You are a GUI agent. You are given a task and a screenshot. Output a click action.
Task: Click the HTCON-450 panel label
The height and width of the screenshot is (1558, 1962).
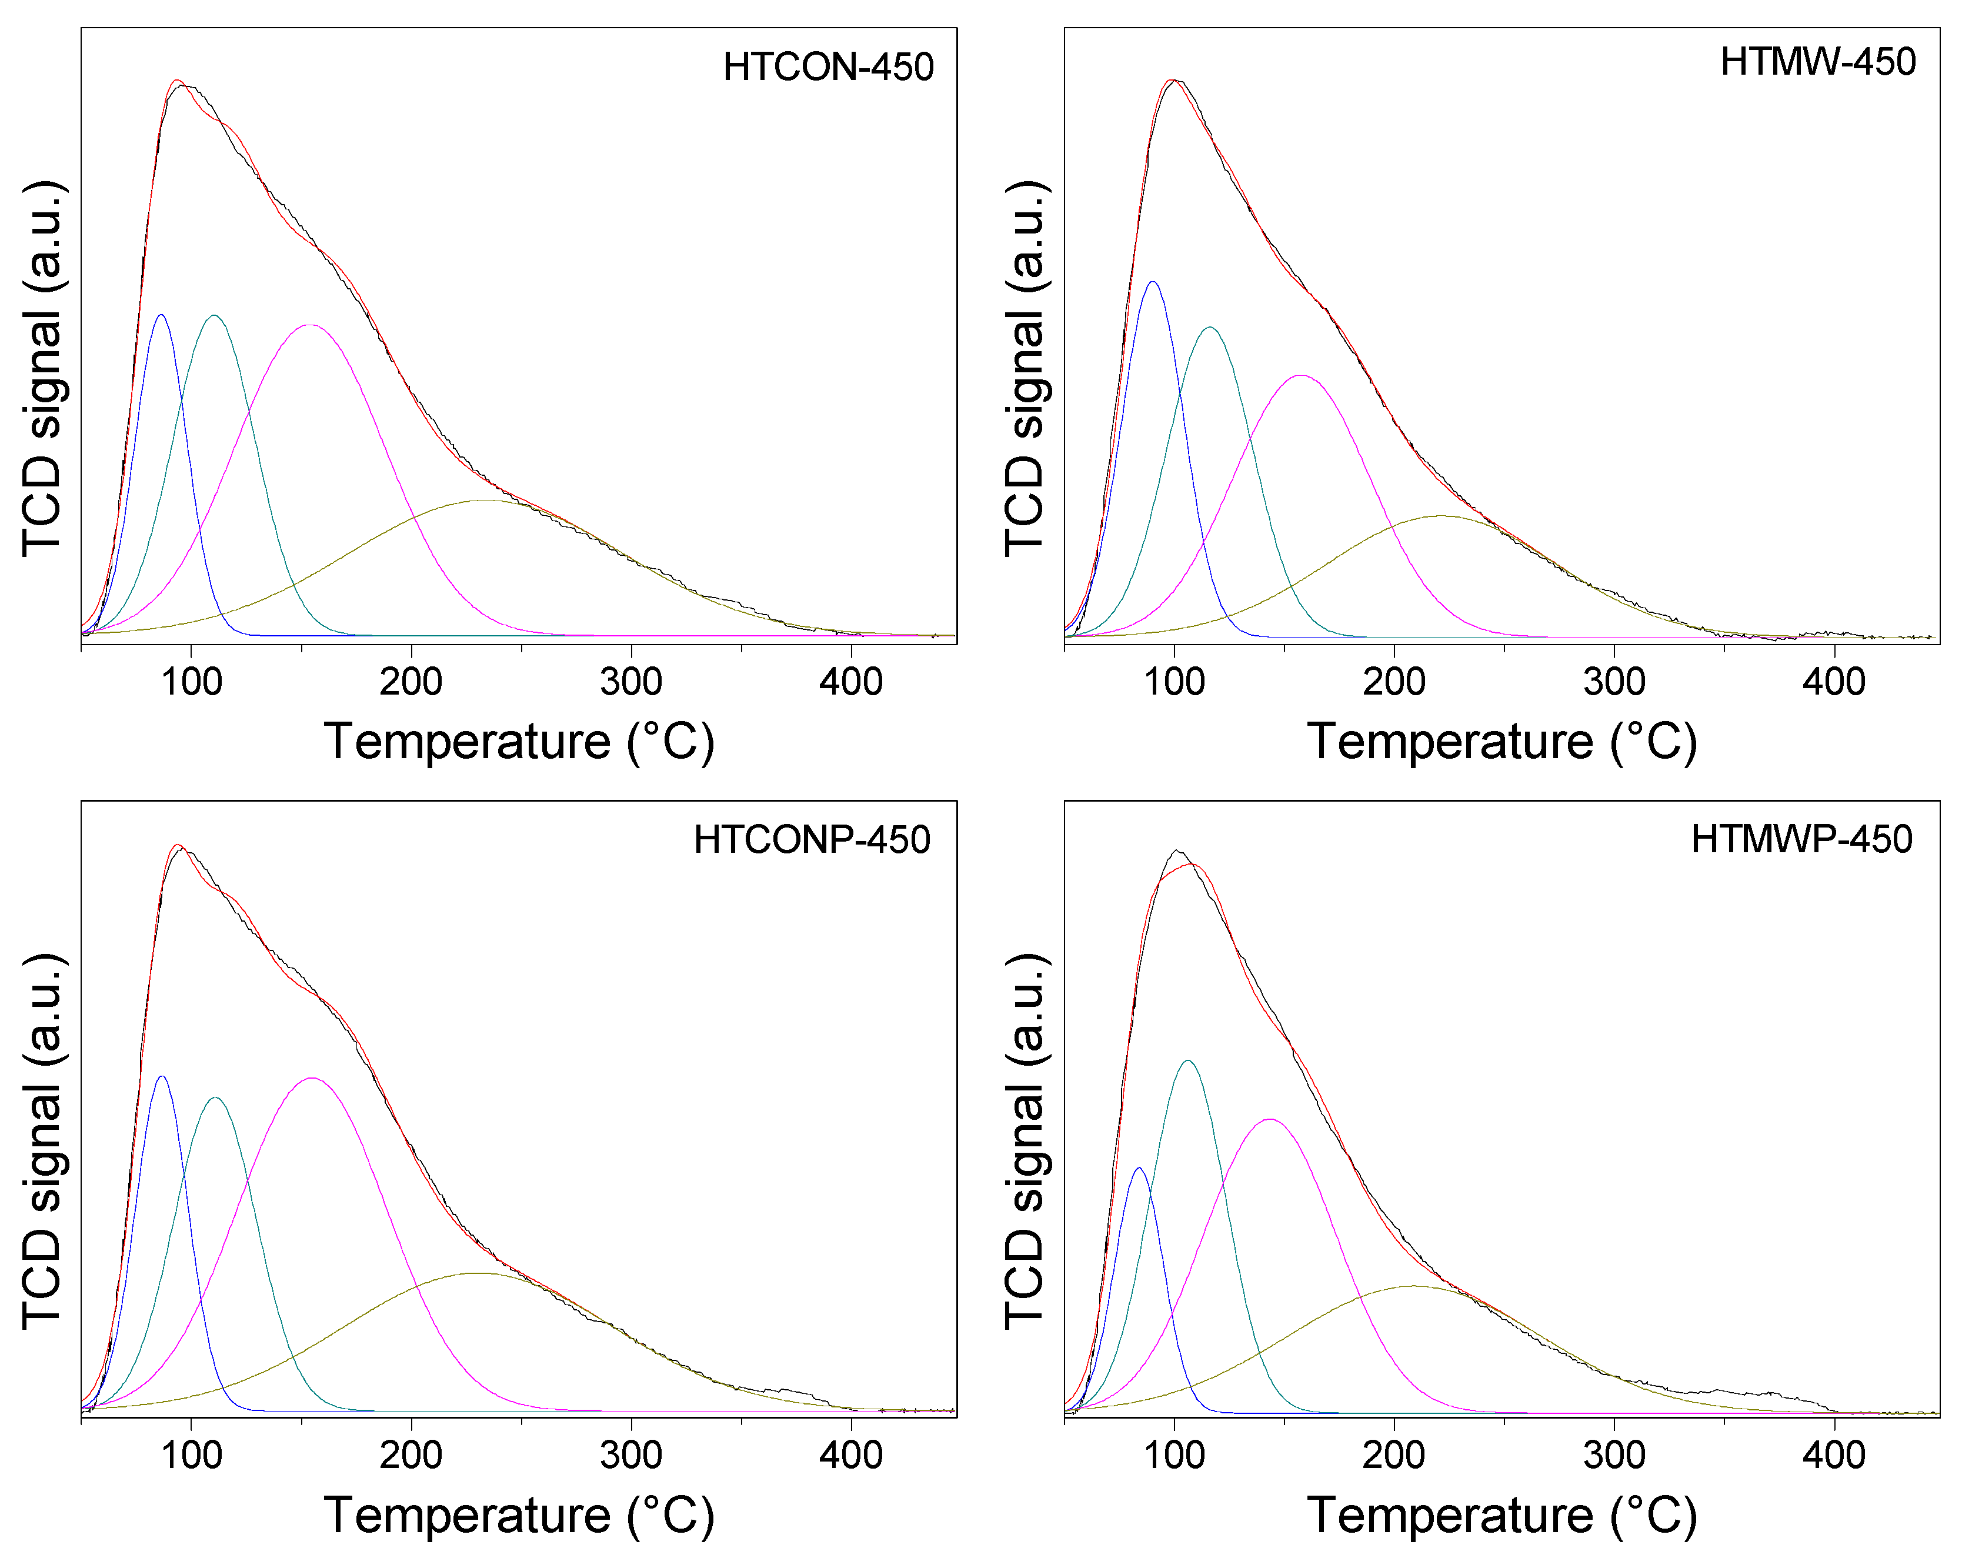tap(828, 68)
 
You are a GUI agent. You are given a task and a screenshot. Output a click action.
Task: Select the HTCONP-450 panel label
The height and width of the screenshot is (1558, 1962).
tap(812, 840)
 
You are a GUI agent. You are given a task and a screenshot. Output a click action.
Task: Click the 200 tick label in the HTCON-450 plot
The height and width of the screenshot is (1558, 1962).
tap(411, 682)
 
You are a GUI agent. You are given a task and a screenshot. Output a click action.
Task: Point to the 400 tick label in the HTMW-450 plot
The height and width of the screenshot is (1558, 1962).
tap(1834, 682)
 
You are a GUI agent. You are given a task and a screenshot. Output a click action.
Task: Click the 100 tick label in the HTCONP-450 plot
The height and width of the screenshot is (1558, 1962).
tap(191, 1455)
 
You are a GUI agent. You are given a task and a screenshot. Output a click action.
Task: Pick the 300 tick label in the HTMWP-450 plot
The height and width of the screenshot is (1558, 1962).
tap(1613, 1455)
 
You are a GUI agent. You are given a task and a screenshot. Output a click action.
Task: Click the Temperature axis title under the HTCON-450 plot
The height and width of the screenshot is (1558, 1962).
tap(519, 742)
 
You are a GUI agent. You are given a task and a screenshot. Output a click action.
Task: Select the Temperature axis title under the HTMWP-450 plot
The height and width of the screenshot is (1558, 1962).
tap(1501, 1515)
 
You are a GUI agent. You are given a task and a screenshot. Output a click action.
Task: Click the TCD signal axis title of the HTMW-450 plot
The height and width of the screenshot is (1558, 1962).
tap(1026, 369)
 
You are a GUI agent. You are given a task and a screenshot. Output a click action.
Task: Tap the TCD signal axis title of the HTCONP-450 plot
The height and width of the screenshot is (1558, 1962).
tap(43, 1142)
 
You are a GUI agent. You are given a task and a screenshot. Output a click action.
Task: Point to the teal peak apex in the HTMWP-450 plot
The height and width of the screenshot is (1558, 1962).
tap(1187, 1060)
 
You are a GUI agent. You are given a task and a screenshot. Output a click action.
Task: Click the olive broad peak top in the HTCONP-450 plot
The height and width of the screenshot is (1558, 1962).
tap(475, 1273)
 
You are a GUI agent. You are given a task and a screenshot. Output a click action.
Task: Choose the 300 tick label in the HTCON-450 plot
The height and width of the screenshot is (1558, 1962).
tap(630, 682)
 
